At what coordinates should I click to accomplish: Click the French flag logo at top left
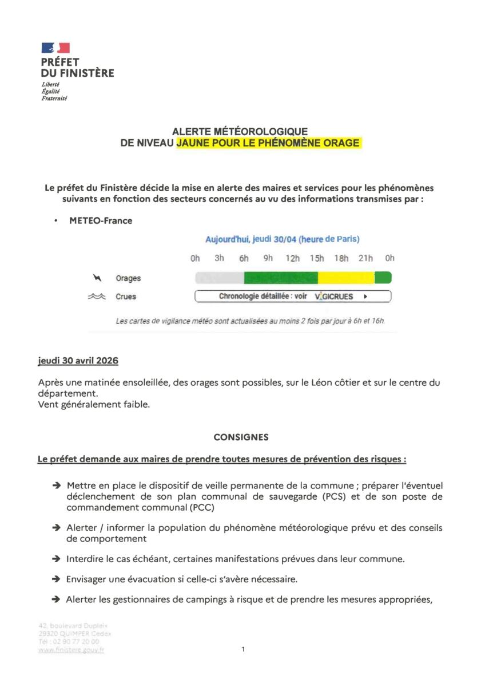(55, 48)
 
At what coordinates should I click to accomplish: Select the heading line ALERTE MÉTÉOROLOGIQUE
(240, 132)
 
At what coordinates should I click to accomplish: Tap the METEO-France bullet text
(101, 220)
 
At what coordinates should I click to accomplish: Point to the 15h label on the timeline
(317, 258)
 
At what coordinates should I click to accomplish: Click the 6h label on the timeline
(244, 258)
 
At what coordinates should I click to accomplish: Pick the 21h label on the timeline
(365, 258)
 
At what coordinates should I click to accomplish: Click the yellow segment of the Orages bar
(346, 278)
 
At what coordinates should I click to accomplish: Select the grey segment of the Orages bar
(220, 278)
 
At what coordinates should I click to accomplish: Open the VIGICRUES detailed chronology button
(293, 297)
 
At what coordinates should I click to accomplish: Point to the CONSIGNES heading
(241, 437)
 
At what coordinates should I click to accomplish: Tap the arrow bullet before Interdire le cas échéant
(56, 558)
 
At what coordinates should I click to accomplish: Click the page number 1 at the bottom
(243, 649)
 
